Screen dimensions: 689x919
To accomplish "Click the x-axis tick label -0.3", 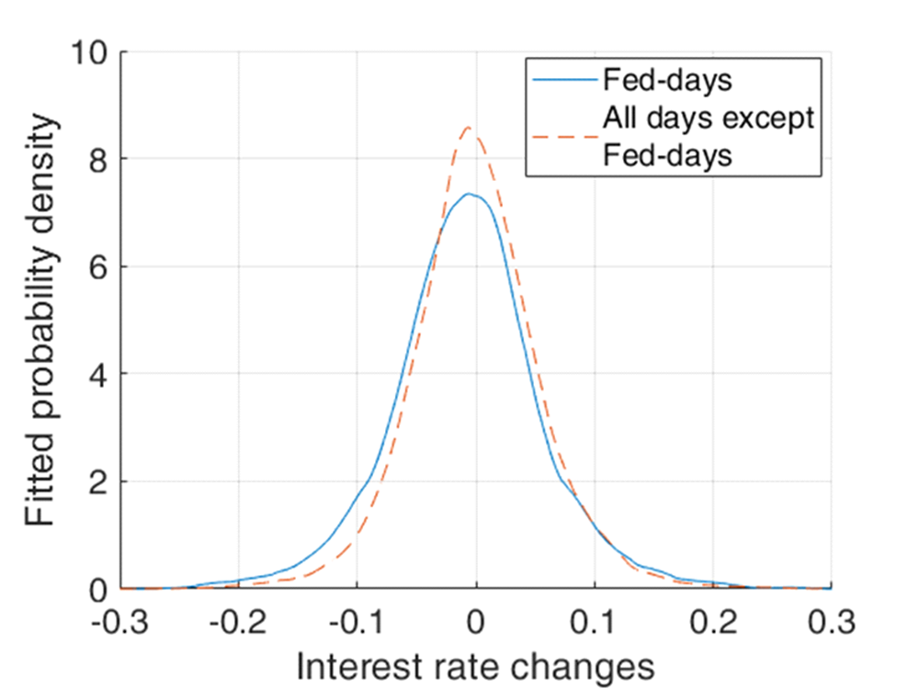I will coord(119,625).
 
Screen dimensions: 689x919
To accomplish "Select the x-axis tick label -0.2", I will coord(238,625).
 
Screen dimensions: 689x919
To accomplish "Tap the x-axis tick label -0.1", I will coord(357,625).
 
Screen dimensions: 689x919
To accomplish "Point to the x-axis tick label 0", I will coord(475,625).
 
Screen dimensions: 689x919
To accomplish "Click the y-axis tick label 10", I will coord(89,52).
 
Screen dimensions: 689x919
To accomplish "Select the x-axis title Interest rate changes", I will coord(475,666).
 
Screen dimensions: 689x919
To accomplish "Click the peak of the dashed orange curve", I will coord(469,128).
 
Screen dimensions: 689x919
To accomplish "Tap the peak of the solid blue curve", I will coord(468,194).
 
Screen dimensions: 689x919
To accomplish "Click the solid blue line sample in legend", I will coord(562,80).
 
